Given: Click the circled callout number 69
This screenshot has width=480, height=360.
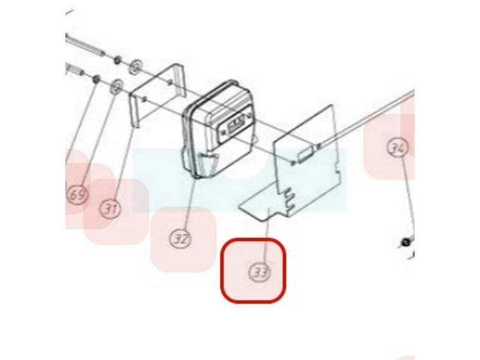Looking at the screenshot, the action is pyautogui.click(x=77, y=194).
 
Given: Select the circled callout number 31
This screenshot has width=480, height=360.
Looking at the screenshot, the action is pyautogui.click(x=110, y=208).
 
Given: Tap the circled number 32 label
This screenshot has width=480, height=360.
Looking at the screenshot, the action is pyautogui.click(x=181, y=238).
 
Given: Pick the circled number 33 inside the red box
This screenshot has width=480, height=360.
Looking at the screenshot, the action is pyautogui.click(x=260, y=272).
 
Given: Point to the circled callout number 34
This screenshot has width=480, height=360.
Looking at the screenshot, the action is pyautogui.click(x=398, y=147).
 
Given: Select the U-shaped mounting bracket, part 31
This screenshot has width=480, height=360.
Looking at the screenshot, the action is pyautogui.click(x=158, y=95).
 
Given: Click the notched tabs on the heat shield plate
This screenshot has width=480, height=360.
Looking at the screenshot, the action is pyautogui.click(x=289, y=199).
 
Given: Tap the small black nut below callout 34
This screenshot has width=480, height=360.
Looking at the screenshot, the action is pyautogui.click(x=406, y=242).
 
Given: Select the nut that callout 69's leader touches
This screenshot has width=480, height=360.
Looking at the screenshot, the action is pyautogui.click(x=95, y=79).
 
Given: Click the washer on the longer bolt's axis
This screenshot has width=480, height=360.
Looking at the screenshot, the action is pyautogui.click(x=136, y=67).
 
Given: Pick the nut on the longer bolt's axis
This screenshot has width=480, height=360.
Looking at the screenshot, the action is pyautogui.click(x=117, y=59).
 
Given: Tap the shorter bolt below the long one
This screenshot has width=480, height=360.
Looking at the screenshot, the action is pyautogui.click(x=76, y=69).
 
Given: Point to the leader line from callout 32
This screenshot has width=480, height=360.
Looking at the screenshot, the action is pyautogui.click(x=188, y=203).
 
